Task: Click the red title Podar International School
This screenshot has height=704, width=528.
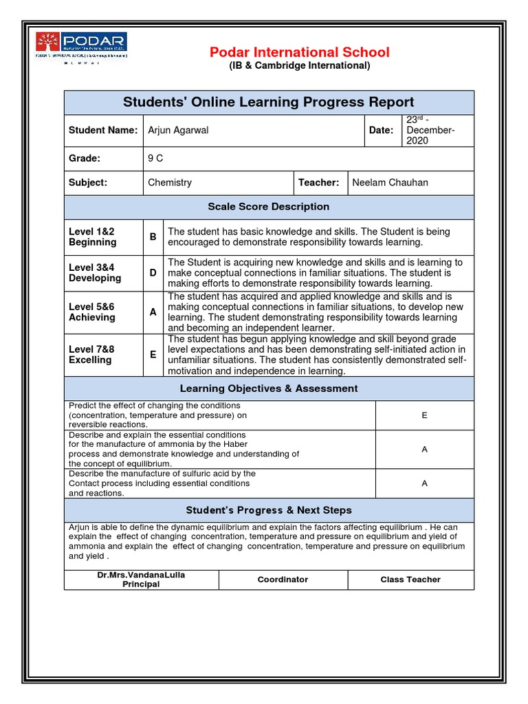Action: coord(298,52)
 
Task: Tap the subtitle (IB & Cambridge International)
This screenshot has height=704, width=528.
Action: coord(298,66)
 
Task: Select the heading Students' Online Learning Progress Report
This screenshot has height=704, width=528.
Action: coord(268,102)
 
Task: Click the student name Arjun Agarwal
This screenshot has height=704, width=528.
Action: coord(179,130)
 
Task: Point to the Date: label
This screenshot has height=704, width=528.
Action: coord(382,130)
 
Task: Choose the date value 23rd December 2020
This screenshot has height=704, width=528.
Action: coord(430,130)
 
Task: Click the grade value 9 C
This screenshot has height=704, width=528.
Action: coord(155,158)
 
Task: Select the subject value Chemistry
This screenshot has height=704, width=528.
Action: coord(170,183)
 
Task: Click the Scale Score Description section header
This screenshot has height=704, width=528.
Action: coord(268,207)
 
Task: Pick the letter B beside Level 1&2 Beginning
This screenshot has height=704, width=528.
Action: coord(153,237)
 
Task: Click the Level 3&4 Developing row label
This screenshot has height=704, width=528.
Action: coord(95,273)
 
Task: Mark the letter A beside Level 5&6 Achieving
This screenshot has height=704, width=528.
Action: coord(153,311)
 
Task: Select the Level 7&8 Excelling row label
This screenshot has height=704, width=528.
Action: coord(92,355)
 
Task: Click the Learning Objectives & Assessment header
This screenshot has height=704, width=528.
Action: coord(268,388)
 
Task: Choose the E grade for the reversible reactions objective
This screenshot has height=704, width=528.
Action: coord(424,415)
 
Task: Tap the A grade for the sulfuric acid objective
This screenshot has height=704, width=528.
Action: coord(424,483)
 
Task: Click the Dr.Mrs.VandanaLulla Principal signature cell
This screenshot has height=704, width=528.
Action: coord(141,580)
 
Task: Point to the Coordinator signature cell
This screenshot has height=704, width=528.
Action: coord(283,580)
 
